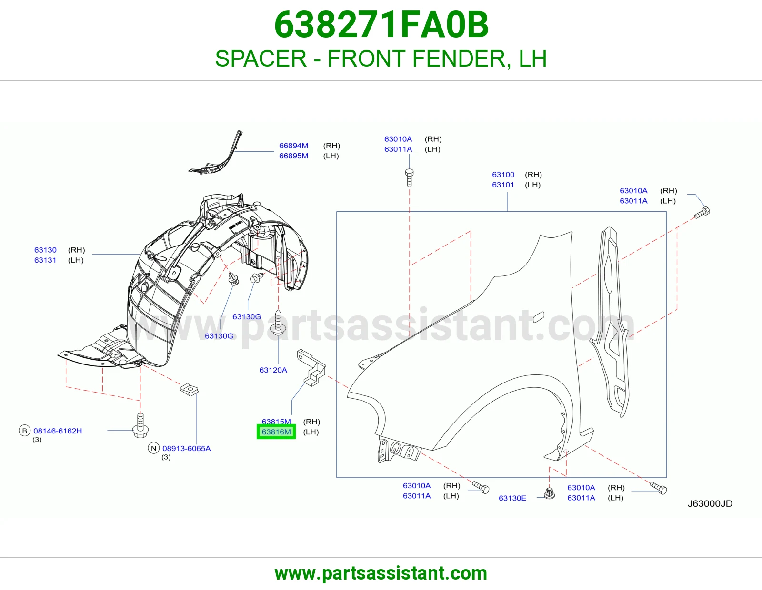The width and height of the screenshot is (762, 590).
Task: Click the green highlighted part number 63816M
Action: coord(276,432)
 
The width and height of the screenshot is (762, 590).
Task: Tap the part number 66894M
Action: coord(293,146)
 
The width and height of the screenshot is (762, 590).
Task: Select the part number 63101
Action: coord(503,185)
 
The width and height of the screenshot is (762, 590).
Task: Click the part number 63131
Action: coord(45,260)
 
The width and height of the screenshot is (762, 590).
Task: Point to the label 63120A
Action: coord(273,370)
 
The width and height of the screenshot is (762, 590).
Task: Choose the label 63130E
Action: coord(512,498)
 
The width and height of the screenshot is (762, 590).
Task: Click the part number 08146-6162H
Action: coord(58,431)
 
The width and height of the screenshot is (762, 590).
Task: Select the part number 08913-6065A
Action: coord(187,449)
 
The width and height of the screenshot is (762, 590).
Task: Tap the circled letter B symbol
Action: coord(25,431)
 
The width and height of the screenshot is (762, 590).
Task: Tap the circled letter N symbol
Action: coord(154,448)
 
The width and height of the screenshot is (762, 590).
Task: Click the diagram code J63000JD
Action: coord(710,503)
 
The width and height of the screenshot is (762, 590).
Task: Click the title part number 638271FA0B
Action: coord(381,25)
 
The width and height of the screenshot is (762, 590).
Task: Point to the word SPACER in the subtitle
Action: coord(261,59)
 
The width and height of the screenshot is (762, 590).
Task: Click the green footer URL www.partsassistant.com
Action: coord(381,573)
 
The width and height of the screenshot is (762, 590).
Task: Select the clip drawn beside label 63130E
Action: coord(549,493)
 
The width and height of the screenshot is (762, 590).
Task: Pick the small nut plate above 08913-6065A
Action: coord(190,389)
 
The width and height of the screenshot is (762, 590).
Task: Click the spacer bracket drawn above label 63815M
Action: coord(311,367)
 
